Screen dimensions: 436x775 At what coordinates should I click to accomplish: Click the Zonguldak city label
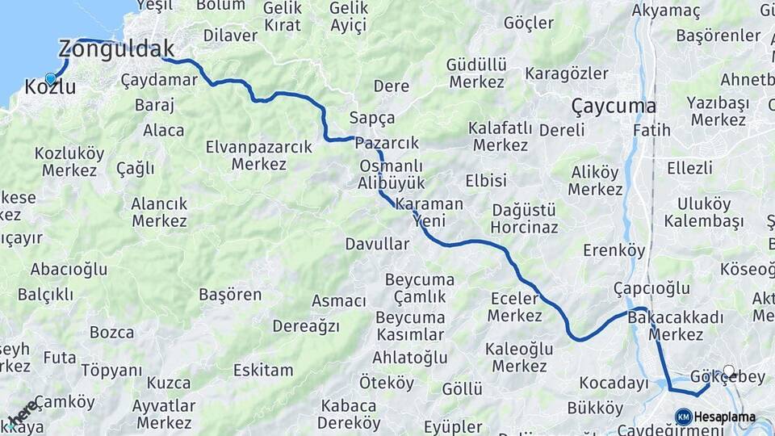pyautogui.click(x=116, y=49)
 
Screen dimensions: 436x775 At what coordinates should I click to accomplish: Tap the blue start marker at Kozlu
pyautogui.click(x=51, y=79)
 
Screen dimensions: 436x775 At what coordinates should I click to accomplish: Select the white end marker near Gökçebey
pyautogui.click(x=729, y=371)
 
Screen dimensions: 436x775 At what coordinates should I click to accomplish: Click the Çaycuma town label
pyautogui.click(x=613, y=106)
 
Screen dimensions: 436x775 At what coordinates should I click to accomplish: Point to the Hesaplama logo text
pyautogui.click(x=726, y=417)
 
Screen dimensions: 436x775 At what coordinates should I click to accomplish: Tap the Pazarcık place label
pyautogui.click(x=387, y=143)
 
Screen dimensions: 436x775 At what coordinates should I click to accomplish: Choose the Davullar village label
pyautogui.click(x=377, y=243)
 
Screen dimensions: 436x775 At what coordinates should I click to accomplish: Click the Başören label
pyautogui.click(x=229, y=295)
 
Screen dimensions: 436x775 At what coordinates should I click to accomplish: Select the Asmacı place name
pyautogui.click(x=338, y=301)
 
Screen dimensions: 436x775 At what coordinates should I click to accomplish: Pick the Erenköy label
pyautogui.click(x=614, y=250)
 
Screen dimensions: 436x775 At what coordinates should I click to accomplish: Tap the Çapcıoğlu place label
pyautogui.click(x=651, y=288)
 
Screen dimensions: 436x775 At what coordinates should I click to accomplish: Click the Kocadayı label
pyautogui.click(x=614, y=383)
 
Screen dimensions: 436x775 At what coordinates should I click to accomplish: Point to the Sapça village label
pyautogui.click(x=372, y=118)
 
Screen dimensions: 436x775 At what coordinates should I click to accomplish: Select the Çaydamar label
pyautogui.click(x=159, y=80)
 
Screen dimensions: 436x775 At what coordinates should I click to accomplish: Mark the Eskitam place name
pyautogui.click(x=263, y=371)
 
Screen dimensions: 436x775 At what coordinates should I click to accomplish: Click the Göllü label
pyautogui.click(x=463, y=389)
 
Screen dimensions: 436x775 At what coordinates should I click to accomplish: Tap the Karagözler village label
pyautogui.click(x=567, y=73)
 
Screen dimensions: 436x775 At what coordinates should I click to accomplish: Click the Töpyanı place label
pyautogui.click(x=111, y=371)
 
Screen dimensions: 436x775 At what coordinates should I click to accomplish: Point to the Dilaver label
pyautogui.click(x=230, y=36)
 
